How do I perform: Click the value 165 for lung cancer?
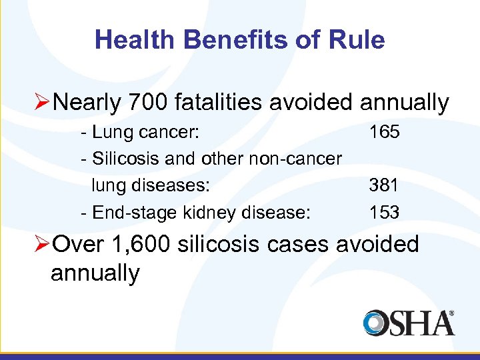coord(384,132)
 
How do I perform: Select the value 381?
coord(384,186)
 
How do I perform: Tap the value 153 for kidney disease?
coord(384,213)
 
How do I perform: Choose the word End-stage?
coord(125,213)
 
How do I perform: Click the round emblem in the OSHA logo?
coord(377,323)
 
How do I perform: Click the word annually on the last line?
coord(95,273)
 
